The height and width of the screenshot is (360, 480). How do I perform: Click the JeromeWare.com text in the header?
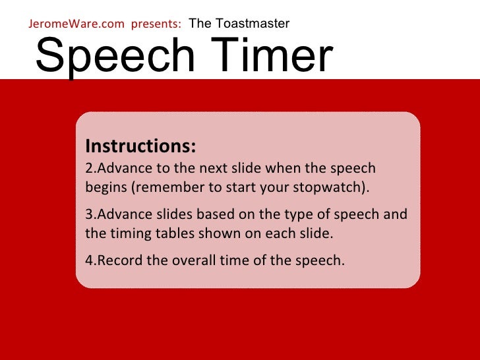click(76, 24)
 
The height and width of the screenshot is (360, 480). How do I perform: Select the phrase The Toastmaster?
click(239, 24)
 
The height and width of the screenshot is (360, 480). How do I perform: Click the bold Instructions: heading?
click(140, 146)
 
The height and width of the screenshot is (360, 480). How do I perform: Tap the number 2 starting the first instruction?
click(89, 168)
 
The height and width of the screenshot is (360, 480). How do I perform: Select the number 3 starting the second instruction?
click(89, 215)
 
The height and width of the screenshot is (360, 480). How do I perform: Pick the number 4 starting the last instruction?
click(89, 260)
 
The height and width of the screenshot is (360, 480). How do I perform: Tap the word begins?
click(105, 187)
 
